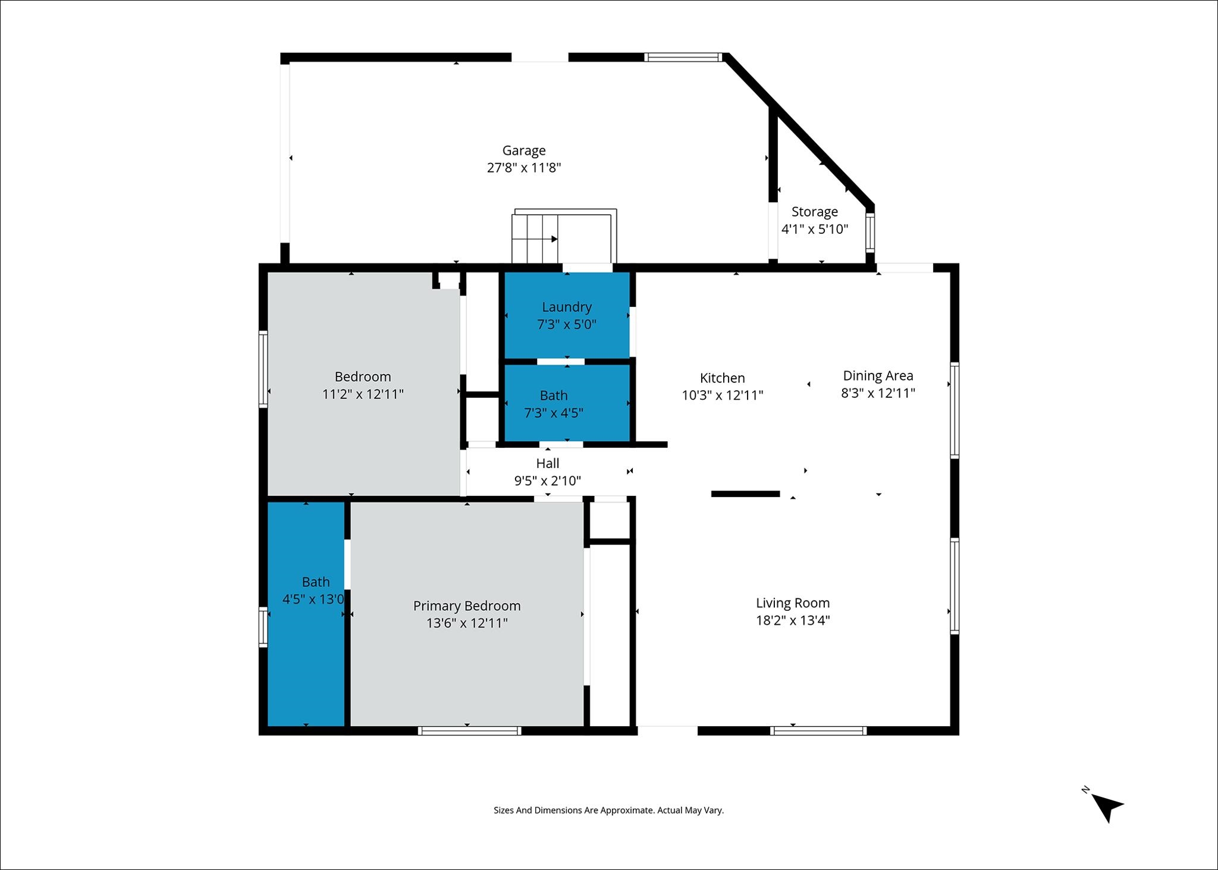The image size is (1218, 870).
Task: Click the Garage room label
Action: pos(524,151)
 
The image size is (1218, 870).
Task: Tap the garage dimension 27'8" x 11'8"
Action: pos(524,168)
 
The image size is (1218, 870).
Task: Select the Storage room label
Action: pos(815,212)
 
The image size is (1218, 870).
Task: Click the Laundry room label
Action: pos(567,307)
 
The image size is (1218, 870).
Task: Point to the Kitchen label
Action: pos(723,378)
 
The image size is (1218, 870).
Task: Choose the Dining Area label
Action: pos(878,376)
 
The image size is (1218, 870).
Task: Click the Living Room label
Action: pos(793,603)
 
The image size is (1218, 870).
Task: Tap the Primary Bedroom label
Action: pos(467,606)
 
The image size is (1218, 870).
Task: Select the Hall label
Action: pos(548,463)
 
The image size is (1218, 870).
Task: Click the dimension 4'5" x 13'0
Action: pos(313,599)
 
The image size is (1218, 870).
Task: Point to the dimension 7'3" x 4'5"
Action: pos(554,413)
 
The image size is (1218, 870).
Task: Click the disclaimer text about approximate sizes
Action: pos(608,810)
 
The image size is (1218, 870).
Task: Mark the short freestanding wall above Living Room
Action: pos(745,494)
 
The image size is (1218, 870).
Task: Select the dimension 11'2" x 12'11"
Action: pos(363,394)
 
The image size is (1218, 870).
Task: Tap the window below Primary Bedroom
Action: pos(470,731)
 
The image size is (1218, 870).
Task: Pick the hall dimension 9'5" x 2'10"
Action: pos(548,480)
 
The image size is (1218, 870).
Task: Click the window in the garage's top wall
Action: pos(684,58)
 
